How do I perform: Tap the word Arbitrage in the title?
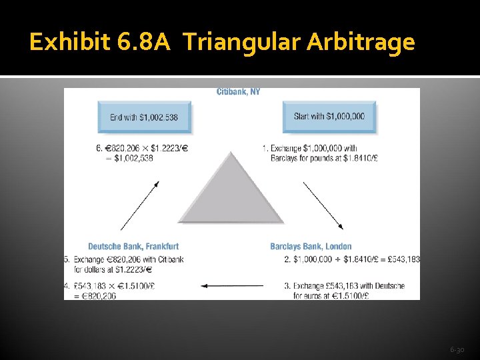click(361, 43)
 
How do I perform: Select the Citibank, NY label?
click(238, 92)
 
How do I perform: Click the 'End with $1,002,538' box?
click(144, 117)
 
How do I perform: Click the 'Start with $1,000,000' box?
click(329, 117)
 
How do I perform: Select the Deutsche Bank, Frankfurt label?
click(133, 247)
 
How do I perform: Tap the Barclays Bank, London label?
click(311, 247)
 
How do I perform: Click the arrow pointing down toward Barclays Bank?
click(323, 205)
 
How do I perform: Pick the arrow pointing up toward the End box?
click(140, 205)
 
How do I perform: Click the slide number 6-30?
click(457, 349)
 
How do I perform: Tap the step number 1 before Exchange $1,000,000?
click(265, 149)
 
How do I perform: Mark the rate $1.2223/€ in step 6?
click(169, 149)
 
